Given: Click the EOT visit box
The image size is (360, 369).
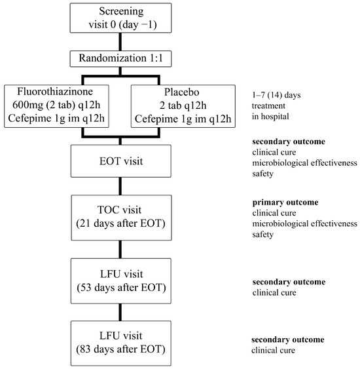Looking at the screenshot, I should [x=119, y=161].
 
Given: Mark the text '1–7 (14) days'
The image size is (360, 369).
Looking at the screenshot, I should [x=278, y=94].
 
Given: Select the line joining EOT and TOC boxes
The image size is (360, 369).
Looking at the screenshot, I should [x=119, y=187].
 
